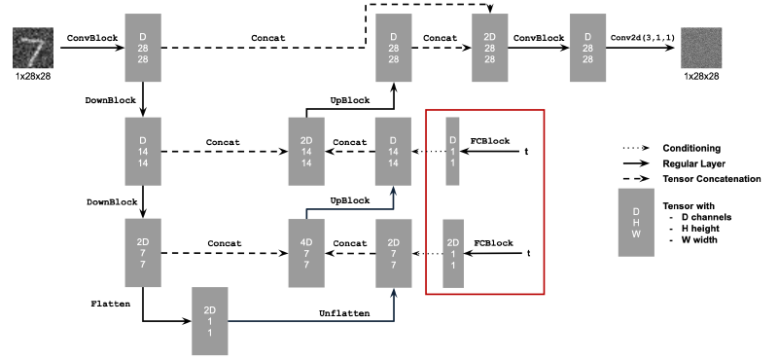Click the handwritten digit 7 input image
click(x=32, y=48)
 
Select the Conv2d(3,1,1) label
click(x=642, y=39)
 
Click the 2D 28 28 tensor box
click(x=490, y=48)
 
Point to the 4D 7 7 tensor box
click(x=306, y=252)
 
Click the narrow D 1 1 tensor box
click(x=451, y=151)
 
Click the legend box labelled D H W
click(x=637, y=223)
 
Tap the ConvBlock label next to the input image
click(x=90, y=38)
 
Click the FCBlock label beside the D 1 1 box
click(x=490, y=140)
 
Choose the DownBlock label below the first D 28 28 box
click(x=110, y=99)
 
